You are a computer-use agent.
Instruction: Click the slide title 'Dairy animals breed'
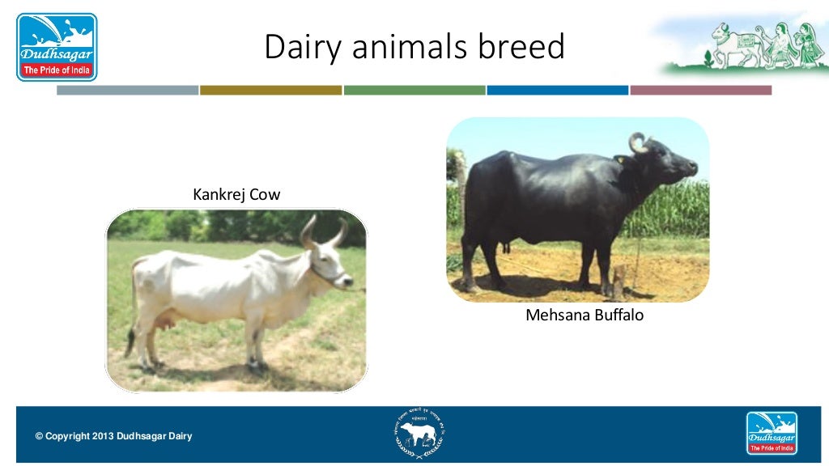(414, 46)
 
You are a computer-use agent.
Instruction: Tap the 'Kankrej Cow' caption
(236, 194)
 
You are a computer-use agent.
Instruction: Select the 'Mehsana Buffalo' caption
(585, 315)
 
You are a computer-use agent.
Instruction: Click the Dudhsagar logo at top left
(57, 46)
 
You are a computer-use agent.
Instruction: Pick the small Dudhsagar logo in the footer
(771, 433)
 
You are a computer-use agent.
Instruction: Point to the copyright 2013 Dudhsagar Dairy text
(113, 437)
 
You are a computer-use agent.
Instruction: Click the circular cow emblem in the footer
(419, 434)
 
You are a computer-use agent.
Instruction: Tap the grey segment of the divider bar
(127, 90)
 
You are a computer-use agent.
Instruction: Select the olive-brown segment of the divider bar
(270, 90)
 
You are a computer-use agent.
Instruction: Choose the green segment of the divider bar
(414, 90)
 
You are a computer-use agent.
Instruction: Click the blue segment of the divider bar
(557, 90)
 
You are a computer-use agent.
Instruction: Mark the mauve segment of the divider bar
(700, 90)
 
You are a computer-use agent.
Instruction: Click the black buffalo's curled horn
(637, 144)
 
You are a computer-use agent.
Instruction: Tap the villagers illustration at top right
(761, 44)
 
